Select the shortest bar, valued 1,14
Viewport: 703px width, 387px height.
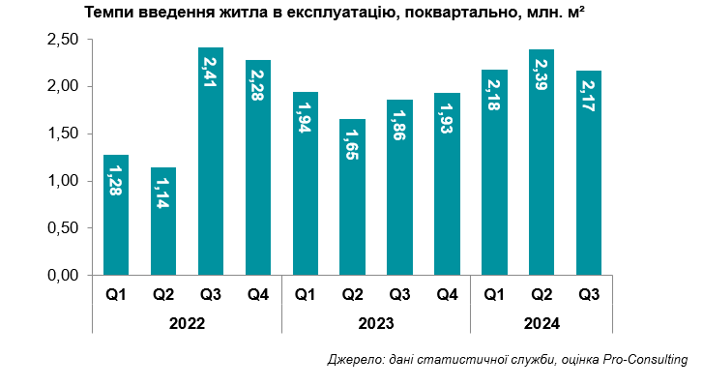(x=163, y=232)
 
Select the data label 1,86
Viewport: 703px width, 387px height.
(x=399, y=124)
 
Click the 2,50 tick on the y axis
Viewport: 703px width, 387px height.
(x=63, y=40)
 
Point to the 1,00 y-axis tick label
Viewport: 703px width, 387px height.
(x=63, y=181)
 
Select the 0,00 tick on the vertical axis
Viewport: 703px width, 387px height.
(x=63, y=275)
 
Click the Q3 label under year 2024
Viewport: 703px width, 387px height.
(x=588, y=295)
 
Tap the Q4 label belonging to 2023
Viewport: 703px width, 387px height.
(x=447, y=295)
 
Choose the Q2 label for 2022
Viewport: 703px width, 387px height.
(x=163, y=295)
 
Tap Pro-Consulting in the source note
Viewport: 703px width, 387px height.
(x=645, y=360)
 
